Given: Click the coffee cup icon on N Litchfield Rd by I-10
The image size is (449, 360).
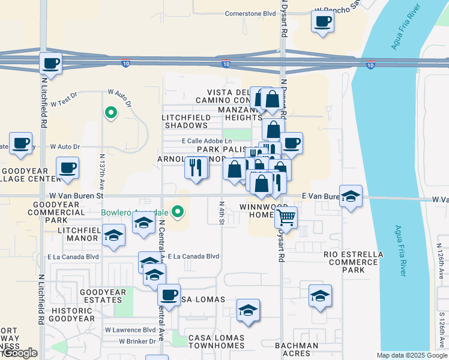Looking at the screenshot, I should click(x=51, y=63).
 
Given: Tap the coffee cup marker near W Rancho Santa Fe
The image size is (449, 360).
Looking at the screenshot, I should click(x=322, y=22).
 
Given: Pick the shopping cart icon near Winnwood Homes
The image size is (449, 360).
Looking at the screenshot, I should click(x=286, y=217).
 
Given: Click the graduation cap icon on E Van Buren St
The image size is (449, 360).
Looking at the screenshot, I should click(x=351, y=196).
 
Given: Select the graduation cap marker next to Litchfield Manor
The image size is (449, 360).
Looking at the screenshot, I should click(x=113, y=236).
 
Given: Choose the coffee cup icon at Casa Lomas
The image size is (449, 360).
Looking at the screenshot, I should click(x=169, y=296).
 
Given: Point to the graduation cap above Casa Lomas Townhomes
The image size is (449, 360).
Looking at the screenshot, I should click(x=248, y=310).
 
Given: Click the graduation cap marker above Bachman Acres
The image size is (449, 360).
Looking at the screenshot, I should click(x=320, y=296).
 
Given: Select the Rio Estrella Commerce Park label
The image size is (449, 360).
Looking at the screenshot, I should click(x=353, y=262).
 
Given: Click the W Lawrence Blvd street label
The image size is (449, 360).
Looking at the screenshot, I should click(x=130, y=330).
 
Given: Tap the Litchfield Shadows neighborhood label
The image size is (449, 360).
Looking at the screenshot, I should click(x=185, y=121).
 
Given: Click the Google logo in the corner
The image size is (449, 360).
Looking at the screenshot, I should click(x=20, y=353).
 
